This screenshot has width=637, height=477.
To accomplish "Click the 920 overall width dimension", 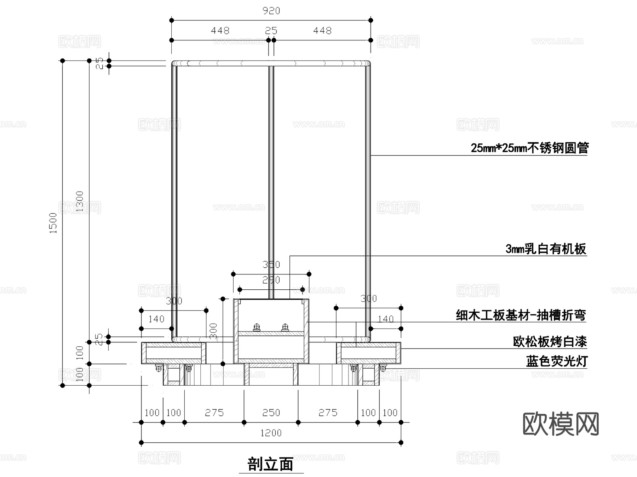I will click(271, 11).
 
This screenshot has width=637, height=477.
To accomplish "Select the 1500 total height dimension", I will click(53, 223).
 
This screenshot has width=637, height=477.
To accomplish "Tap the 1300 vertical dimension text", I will click(80, 201).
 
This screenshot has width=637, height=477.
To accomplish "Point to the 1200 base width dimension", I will click(271, 433).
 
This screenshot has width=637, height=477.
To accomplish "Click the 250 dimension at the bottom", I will click(271, 413).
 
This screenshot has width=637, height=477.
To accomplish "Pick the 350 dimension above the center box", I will click(271, 265).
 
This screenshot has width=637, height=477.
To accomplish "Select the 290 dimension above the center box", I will click(271, 280).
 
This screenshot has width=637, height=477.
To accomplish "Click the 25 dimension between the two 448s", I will click(271, 31).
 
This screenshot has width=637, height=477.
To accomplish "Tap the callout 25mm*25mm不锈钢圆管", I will click(529, 148).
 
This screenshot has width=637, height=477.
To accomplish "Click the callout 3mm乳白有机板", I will click(546, 249).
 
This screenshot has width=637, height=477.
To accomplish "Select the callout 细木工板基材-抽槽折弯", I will click(521, 315).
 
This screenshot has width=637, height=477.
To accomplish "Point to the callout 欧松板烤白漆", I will click(550, 342).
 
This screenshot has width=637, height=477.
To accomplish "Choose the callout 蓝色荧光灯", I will click(556, 362).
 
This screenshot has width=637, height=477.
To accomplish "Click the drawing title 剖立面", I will click(271, 464).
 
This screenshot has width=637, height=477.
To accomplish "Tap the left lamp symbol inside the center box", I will click(257, 328).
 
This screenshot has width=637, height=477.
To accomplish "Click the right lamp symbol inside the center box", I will click(285, 328).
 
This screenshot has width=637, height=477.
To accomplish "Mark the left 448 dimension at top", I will click(220, 31).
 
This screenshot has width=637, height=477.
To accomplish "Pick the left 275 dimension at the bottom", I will click(214, 413).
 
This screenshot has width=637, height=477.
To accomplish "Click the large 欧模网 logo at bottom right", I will click(561, 424).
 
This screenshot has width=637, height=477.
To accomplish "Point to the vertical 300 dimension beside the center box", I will click(213, 331).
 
